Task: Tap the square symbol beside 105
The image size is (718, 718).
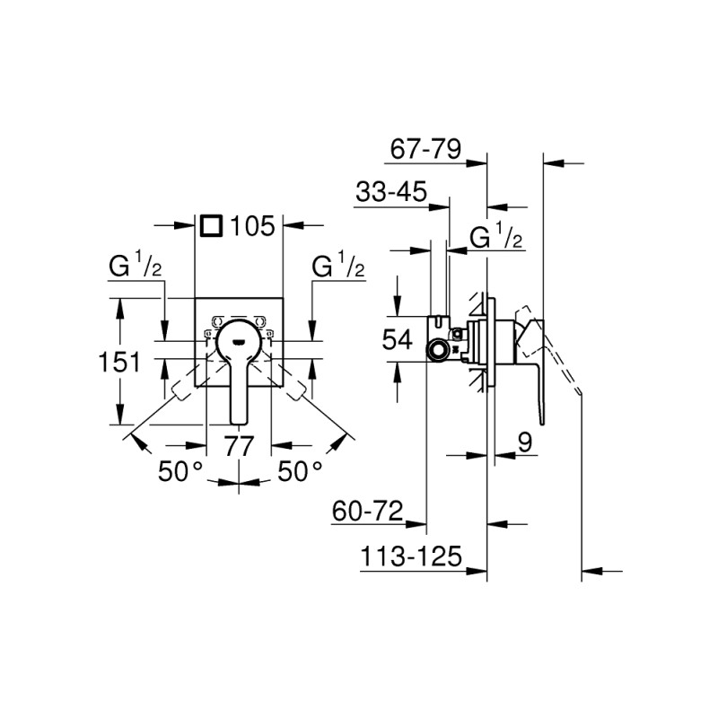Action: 211,225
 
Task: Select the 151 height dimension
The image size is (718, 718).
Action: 118,363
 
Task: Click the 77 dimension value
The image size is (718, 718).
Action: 240,446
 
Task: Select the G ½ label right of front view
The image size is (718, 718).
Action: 338,267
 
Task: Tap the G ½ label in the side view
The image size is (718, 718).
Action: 496,238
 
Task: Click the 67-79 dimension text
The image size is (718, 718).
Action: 425,149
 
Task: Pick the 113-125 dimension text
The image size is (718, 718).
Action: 409,556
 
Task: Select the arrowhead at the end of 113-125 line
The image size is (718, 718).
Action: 591,568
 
